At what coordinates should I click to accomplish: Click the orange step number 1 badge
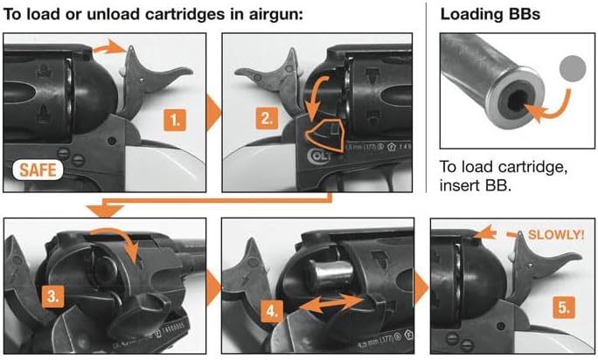click(175, 120)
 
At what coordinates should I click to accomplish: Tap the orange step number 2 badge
click(267, 118)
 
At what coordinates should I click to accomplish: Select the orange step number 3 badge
click(53, 296)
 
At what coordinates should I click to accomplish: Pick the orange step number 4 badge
click(272, 311)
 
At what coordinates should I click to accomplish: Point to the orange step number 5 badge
click(564, 307)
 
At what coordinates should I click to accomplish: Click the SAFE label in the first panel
click(38, 170)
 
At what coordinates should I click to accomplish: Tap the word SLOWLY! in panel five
click(556, 234)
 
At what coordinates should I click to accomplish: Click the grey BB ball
click(573, 69)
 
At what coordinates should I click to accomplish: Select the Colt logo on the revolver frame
click(318, 156)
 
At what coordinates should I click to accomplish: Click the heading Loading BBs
click(490, 14)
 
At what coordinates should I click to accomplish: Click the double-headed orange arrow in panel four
click(331, 303)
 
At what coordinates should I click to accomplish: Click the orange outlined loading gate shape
click(324, 135)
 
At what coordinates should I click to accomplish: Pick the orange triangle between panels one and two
click(213, 113)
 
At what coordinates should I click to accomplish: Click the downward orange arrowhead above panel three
click(105, 211)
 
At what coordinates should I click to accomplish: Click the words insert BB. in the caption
click(475, 185)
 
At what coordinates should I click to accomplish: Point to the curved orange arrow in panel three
click(122, 233)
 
